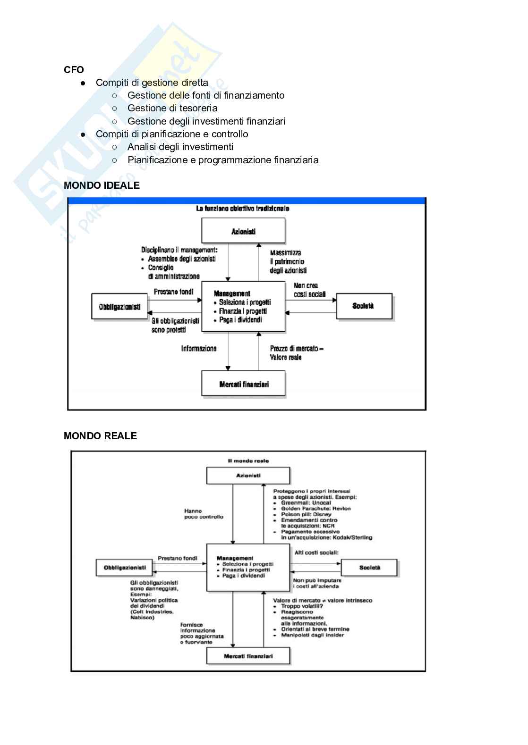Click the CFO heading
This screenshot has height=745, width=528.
(74, 70)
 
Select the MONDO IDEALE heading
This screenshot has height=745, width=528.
(102, 185)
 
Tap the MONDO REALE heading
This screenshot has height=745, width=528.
(100, 436)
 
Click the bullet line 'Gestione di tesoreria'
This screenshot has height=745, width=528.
(172, 108)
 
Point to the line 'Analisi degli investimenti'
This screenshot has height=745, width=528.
(180, 147)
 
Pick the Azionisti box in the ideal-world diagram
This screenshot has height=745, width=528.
(243, 231)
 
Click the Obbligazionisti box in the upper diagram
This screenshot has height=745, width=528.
(119, 307)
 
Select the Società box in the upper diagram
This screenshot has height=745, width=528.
(364, 306)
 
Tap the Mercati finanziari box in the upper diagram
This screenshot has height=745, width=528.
(244, 384)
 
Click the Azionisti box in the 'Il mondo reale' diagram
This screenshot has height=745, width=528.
(248, 476)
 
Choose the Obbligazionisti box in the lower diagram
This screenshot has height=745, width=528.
(125, 568)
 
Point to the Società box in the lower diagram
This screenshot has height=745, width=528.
(369, 568)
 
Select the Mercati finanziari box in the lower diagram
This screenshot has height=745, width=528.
(248, 656)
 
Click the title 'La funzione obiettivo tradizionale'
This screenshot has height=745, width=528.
(242, 208)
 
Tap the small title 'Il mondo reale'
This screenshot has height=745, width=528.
(248, 461)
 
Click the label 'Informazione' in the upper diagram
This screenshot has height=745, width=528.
(199, 349)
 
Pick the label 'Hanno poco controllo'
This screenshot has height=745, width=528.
(204, 514)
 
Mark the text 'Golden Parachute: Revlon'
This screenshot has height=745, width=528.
(315, 509)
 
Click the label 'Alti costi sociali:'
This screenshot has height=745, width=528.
(316, 552)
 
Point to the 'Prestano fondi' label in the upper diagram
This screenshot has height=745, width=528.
(173, 292)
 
